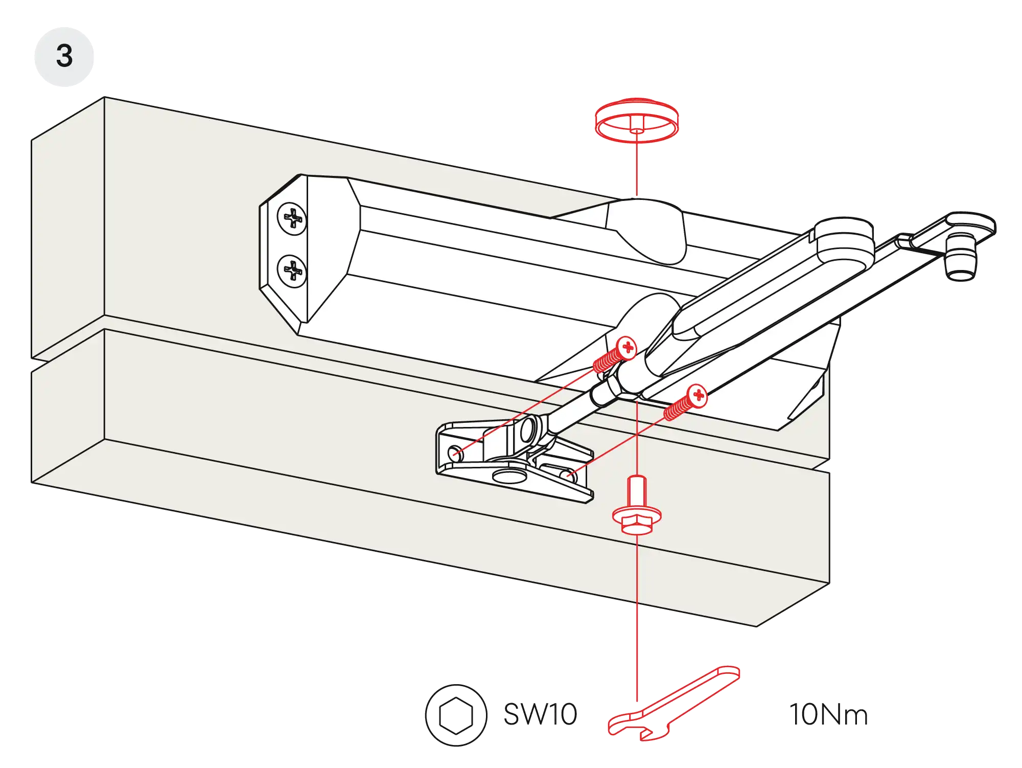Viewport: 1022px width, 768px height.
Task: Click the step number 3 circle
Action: click(64, 56)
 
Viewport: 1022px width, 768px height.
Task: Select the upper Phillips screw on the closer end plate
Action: click(292, 219)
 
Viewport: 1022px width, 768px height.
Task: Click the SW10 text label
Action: click(539, 715)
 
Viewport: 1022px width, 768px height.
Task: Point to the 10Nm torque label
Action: click(827, 716)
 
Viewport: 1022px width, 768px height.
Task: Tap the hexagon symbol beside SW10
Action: click(456, 715)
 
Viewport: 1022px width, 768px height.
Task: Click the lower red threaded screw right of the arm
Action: click(687, 402)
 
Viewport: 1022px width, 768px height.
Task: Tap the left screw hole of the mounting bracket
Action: click(455, 453)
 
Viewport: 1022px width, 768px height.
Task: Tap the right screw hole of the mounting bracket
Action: click(570, 476)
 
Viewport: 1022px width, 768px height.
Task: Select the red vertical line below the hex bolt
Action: click(637, 614)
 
